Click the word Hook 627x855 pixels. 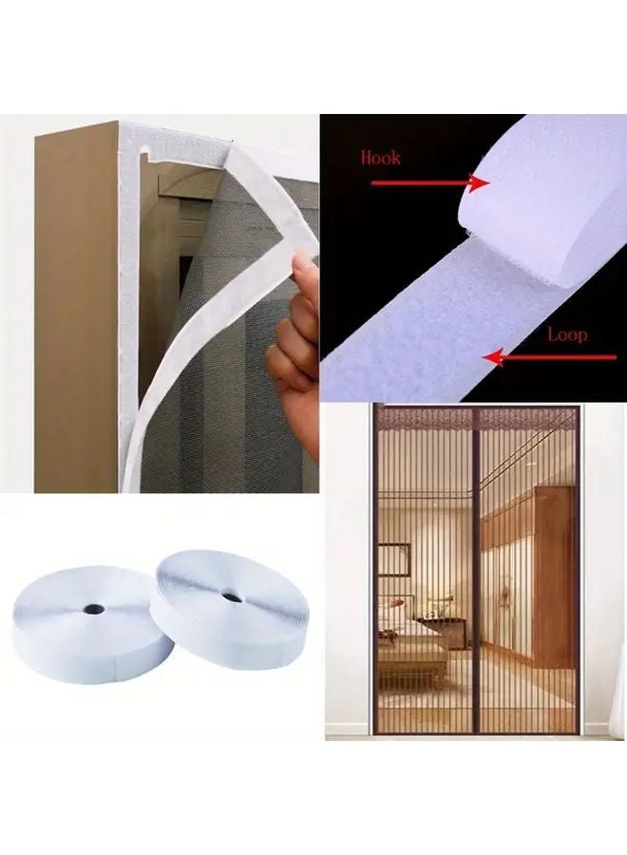[x=380, y=157]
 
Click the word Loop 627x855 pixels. [x=566, y=334]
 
